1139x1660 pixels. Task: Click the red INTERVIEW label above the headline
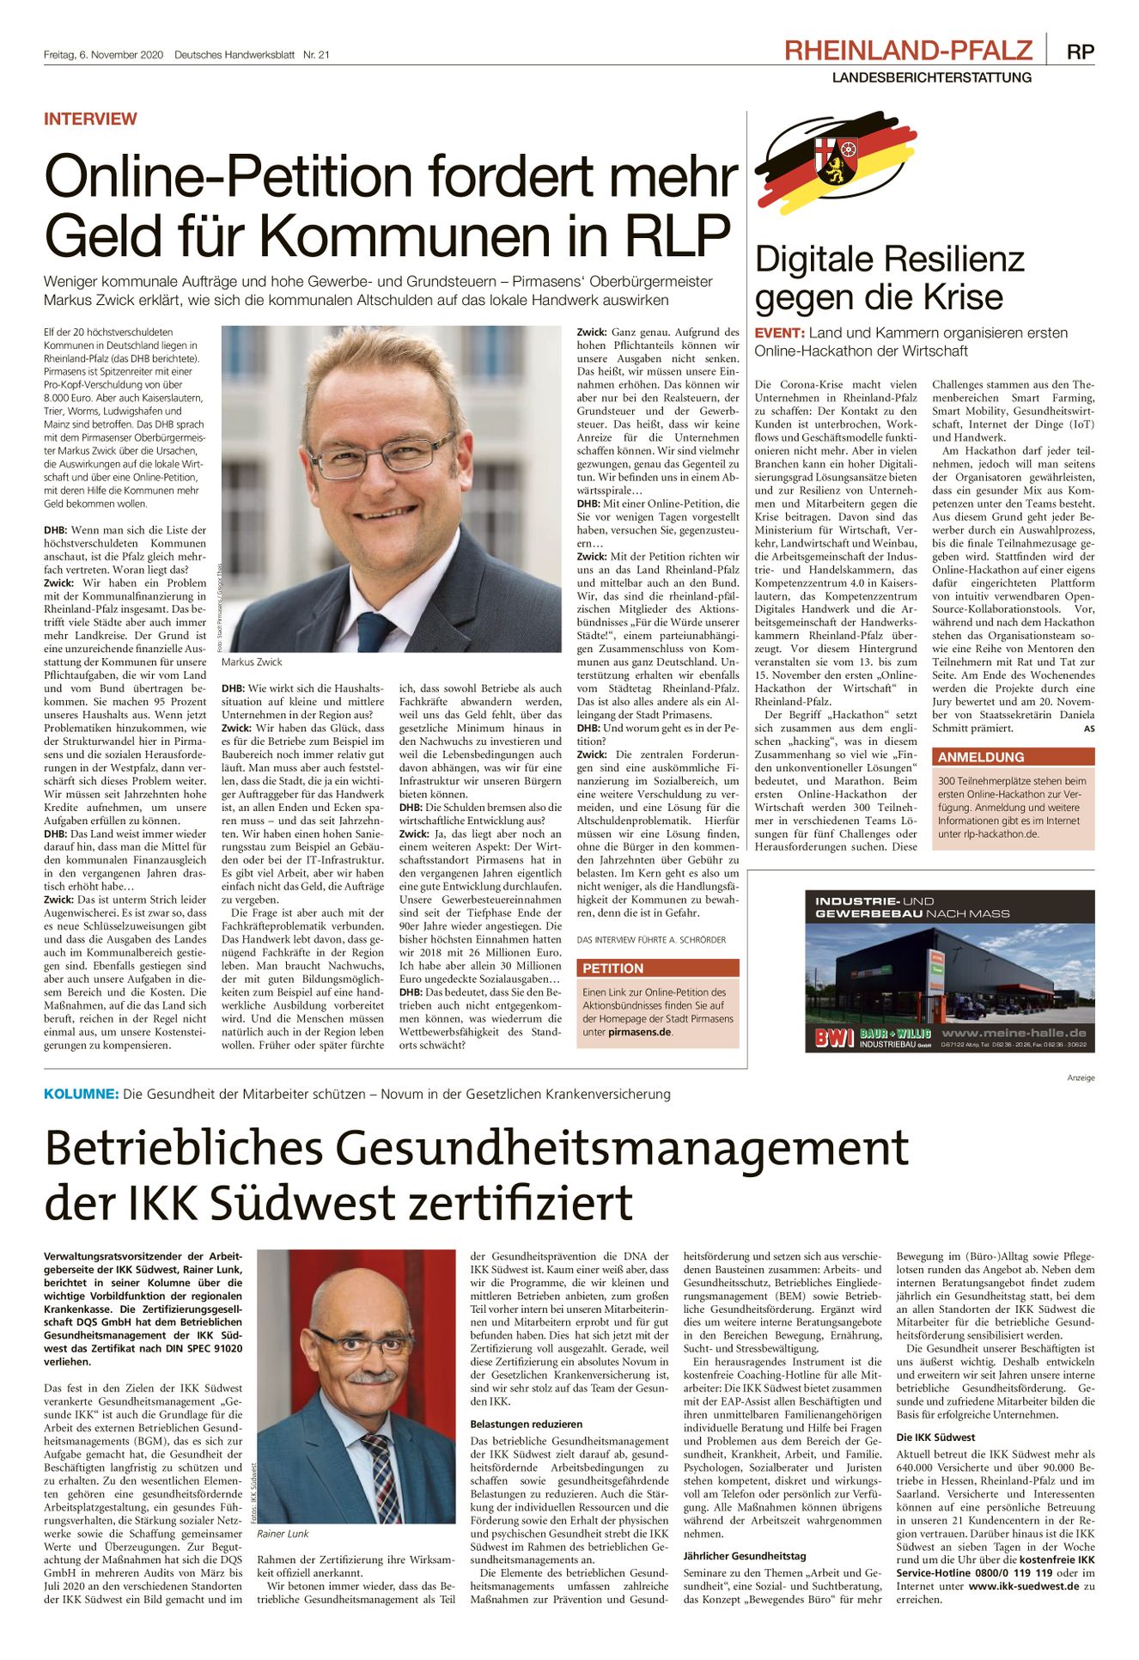pyautogui.click(x=90, y=119)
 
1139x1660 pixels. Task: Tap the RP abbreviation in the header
pyautogui.click(x=1080, y=52)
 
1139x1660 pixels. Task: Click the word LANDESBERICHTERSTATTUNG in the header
pyautogui.click(x=931, y=77)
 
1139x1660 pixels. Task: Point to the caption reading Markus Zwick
pyautogui.click(x=251, y=662)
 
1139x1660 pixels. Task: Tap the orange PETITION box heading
pyautogui.click(x=612, y=968)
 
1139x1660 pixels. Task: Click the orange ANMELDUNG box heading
pyautogui.click(x=969, y=757)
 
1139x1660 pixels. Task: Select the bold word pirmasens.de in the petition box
pyautogui.click(x=639, y=1032)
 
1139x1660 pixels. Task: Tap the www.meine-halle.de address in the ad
pyautogui.click(x=1014, y=1033)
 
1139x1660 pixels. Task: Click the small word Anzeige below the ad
pyautogui.click(x=1081, y=1077)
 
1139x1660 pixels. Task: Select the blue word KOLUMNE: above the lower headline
pyautogui.click(x=82, y=1094)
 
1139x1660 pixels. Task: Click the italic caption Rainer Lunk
pyautogui.click(x=283, y=1534)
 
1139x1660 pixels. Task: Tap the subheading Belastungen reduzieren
pyautogui.click(x=526, y=1424)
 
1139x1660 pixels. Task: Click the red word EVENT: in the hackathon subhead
pyautogui.click(x=779, y=333)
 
